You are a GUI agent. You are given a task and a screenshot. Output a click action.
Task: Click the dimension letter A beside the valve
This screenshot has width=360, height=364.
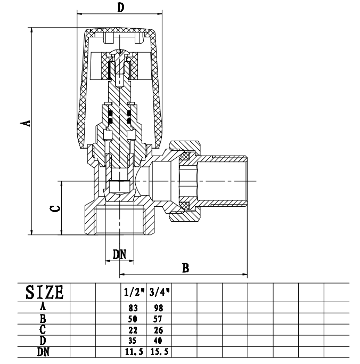point(24,124)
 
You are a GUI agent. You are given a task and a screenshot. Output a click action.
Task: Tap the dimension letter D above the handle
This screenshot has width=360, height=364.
point(120,7)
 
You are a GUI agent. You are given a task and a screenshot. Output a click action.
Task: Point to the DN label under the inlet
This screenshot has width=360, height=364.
point(119,254)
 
